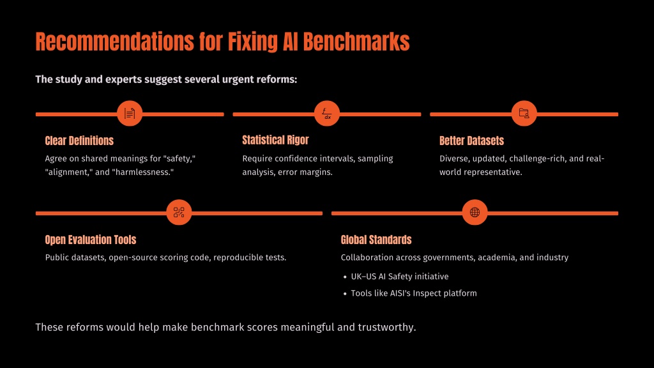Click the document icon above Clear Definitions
click(x=130, y=113)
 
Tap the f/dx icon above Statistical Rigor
click(x=326, y=113)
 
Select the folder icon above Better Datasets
click(x=524, y=113)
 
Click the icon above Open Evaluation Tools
click(x=179, y=212)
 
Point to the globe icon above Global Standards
click(x=475, y=212)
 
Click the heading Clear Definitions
click(x=79, y=141)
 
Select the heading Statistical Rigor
click(x=275, y=140)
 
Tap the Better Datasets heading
click(x=471, y=141)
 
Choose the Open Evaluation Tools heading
click(x=91, y=240)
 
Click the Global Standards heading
click(x=376, y=240)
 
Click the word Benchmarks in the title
click(x=356, y=42)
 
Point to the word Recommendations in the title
click(x=115, y=42)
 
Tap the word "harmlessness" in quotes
click(x=143, y=172)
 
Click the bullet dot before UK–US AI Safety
click(x=345, y=277)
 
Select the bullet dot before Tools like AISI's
click(x=345, y=294)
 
